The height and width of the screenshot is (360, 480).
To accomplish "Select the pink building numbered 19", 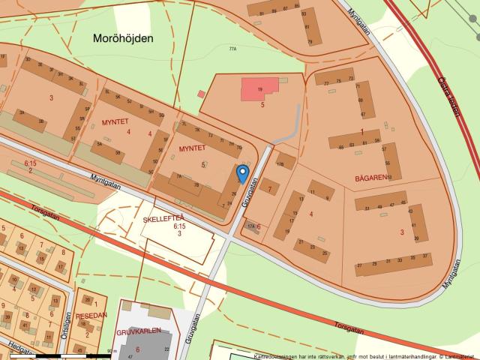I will tap(259, 89).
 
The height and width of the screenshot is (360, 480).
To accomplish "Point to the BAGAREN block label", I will tap(370, 178).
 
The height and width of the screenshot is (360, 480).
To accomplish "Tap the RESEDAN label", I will tap(92, 315).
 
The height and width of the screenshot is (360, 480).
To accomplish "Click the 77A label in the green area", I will tap(232, 49).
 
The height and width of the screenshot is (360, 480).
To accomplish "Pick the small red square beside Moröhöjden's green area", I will tap(201, 94).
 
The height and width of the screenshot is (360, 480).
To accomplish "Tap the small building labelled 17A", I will tap(251, 225).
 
